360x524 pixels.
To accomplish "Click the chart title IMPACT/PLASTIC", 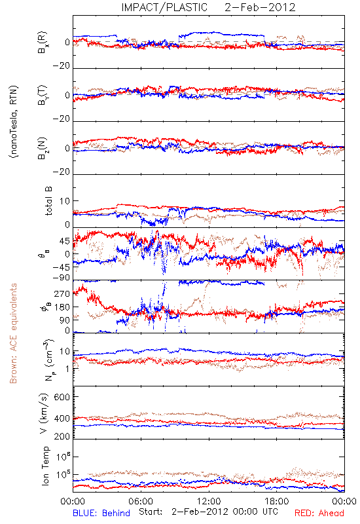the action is point(164,7).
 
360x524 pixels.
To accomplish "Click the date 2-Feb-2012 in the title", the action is point(260,7).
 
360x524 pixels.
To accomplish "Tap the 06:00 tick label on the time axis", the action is point(141,501).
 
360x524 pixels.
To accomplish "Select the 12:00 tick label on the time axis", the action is point(209,501).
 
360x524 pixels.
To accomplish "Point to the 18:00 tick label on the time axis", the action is point(277,501).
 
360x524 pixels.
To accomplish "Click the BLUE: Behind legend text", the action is point(101,513).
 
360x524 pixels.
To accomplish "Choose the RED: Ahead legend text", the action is point(319,513).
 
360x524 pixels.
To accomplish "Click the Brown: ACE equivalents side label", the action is point(13,333).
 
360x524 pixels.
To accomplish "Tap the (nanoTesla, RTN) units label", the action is point(14,121).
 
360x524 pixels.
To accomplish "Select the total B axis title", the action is point(48,201).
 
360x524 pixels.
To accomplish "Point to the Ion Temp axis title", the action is point(45,466).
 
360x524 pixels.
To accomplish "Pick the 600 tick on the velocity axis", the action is point(62,397).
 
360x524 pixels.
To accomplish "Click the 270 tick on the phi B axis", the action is point(62,293).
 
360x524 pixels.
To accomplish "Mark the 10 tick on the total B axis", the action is point(65,201).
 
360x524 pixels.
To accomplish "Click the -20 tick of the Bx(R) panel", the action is point(61,66).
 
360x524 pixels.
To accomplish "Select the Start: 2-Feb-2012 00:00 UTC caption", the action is point(208,512).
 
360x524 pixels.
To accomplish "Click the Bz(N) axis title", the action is point(43,148).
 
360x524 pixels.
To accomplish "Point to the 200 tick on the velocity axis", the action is point(62,436).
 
